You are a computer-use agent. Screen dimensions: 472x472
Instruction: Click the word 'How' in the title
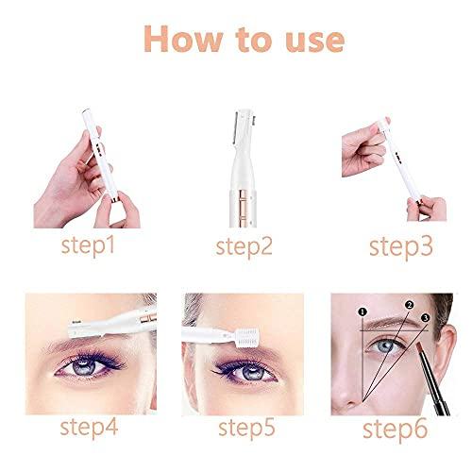(x=183, y=40)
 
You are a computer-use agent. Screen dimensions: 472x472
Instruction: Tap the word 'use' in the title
(x=314, y=42)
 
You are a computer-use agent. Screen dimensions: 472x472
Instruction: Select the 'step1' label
(x=88, y=246)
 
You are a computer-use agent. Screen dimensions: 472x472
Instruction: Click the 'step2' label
(x=244, y=248)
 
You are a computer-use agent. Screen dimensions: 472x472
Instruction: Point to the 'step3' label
(x=401, y=248)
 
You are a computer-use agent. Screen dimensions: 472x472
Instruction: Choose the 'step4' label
(x=89, y=428)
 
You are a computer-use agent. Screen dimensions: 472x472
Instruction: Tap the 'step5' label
(x=246, y=429)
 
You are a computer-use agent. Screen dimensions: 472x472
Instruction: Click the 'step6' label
(x=395, y=430)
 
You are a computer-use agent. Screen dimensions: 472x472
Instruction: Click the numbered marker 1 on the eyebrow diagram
(x=362, y=312)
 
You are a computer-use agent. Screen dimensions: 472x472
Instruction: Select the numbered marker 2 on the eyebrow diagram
(x=409, y=305)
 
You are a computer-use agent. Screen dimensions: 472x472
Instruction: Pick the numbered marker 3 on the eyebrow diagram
(x=426, y=318)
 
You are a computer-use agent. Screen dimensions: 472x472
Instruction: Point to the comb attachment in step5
(x=248, y=338)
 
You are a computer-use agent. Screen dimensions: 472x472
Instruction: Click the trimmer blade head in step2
(x=244, y=126)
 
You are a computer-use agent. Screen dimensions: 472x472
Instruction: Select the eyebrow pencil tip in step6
(x=419, y=346)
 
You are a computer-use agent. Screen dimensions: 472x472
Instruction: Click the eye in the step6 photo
(x=385, y=346)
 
